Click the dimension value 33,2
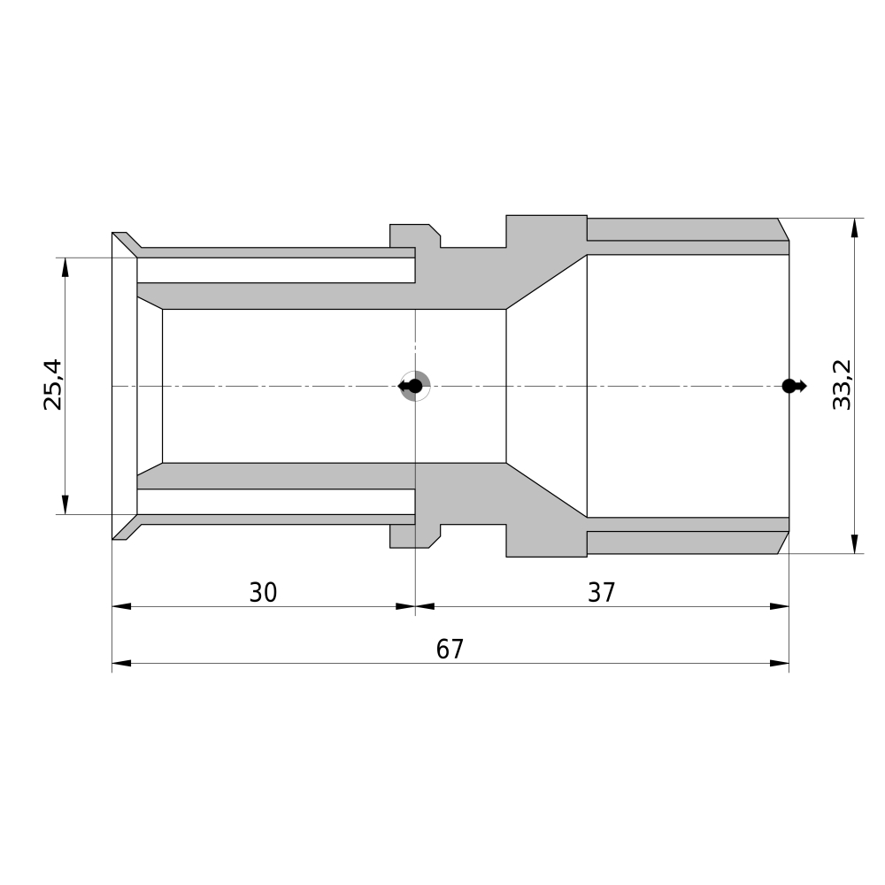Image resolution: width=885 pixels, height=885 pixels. tap(842, 384)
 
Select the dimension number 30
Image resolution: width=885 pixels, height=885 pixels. tap(263, 592)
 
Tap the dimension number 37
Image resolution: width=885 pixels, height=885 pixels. tap(601, 592)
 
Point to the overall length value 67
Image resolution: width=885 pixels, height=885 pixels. tap(450, 649)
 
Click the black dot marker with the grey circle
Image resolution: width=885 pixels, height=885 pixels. tap(415, 386)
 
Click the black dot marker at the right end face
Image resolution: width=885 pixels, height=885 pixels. tap(794, 386)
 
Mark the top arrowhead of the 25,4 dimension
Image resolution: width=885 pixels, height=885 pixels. tap(65, 267)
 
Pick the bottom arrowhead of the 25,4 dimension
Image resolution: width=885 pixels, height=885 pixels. tap(65, 504)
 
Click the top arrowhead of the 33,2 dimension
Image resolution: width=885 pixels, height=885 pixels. tap(855, 228)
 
